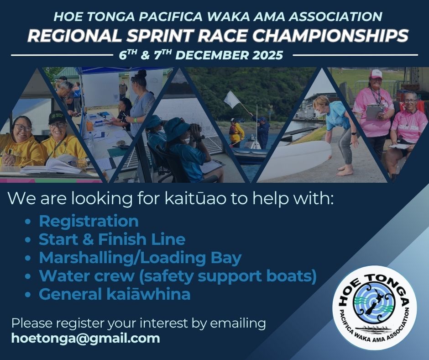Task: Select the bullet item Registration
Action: coord(89,221)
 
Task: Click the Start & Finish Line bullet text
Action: coord(112,239)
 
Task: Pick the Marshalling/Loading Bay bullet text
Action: coord(140,258)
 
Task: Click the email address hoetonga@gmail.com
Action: coord(86,339)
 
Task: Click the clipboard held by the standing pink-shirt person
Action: coord(374,112)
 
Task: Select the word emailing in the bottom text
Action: coord(238,323)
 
